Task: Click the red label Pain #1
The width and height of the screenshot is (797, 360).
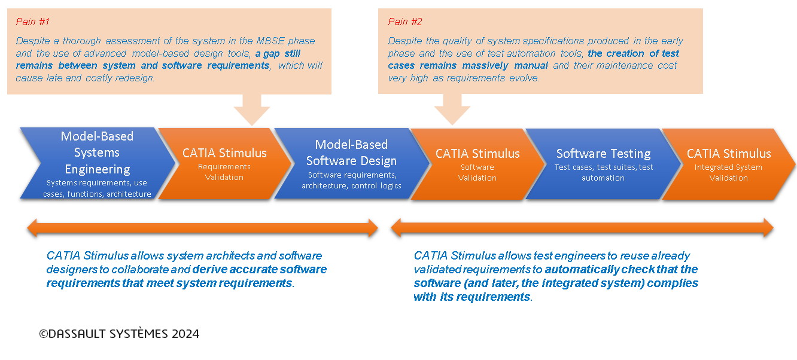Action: [x=32, y=22]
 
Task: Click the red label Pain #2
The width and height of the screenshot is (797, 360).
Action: [x=405, y=22]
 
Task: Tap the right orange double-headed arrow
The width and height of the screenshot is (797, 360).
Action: [x=582, y=227]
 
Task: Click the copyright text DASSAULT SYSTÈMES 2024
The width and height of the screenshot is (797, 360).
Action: [x=119, y=334]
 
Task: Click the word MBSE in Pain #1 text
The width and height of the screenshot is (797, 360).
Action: [x=262, y=41]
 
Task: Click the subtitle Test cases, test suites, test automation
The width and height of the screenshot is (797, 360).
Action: [x=603, y=172]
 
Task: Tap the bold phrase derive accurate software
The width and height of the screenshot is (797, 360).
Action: [x=259, y=269]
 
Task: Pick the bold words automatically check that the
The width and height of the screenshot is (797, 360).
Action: [x=621, y=269]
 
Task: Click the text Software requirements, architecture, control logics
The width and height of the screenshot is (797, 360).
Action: [x=351, y=180]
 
